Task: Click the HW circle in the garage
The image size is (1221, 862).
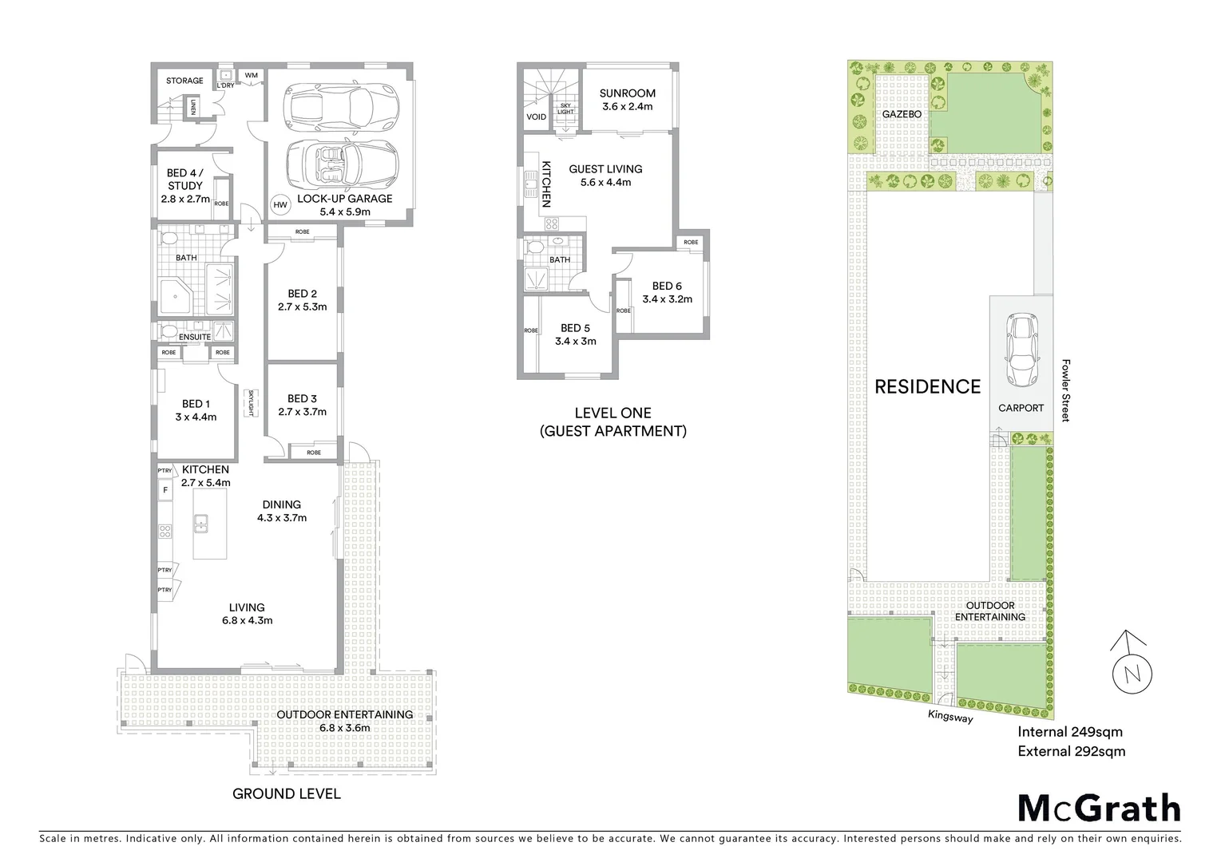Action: pyautogui.click(x=280, y=205)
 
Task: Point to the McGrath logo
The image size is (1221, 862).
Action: pyautogui.click(x=1099, y=808)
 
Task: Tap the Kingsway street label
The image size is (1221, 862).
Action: pyautogui.click(x=950, y=717)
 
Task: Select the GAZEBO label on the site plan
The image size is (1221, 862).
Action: pyautogui.click(x=902, y=114)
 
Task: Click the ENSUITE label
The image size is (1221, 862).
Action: pyautogui.click(x=195, y=337)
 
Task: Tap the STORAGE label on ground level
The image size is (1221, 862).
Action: pyautogui.click(x=184, y=81)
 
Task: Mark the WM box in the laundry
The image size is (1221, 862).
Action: pyautogui.click(x=251, y=76)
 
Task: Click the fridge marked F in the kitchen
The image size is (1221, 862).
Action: pyautogui.click(x=165, y=489)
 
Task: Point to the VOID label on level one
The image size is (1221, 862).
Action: pyautogui.click(x=537, y=117)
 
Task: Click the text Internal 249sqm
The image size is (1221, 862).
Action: pyautogui.click(x=1070, y=732)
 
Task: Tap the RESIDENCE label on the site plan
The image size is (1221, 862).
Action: pyautogui.click(x=927, y=387)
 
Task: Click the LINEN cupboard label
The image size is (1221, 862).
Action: pyautogui.click(x=192, y=106)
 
